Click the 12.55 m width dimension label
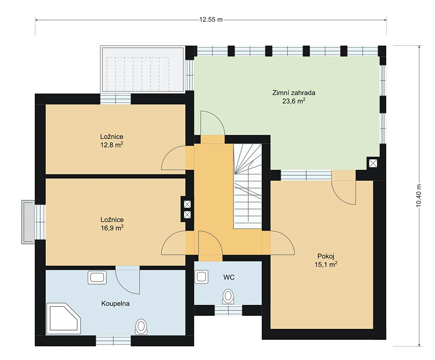211,20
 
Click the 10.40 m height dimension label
418,196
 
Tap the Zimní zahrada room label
294,93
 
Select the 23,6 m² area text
294,101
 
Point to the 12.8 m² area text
112,145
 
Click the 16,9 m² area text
112,228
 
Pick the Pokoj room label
326,256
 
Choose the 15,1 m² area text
326,264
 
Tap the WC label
229,277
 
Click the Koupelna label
115,304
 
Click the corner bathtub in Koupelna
63,319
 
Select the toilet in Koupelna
141,327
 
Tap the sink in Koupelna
97,277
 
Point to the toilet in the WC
228,297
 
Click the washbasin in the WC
202,277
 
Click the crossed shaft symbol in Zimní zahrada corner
373,163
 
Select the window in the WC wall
228,311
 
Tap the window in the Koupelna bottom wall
113,341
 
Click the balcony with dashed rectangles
143,69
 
